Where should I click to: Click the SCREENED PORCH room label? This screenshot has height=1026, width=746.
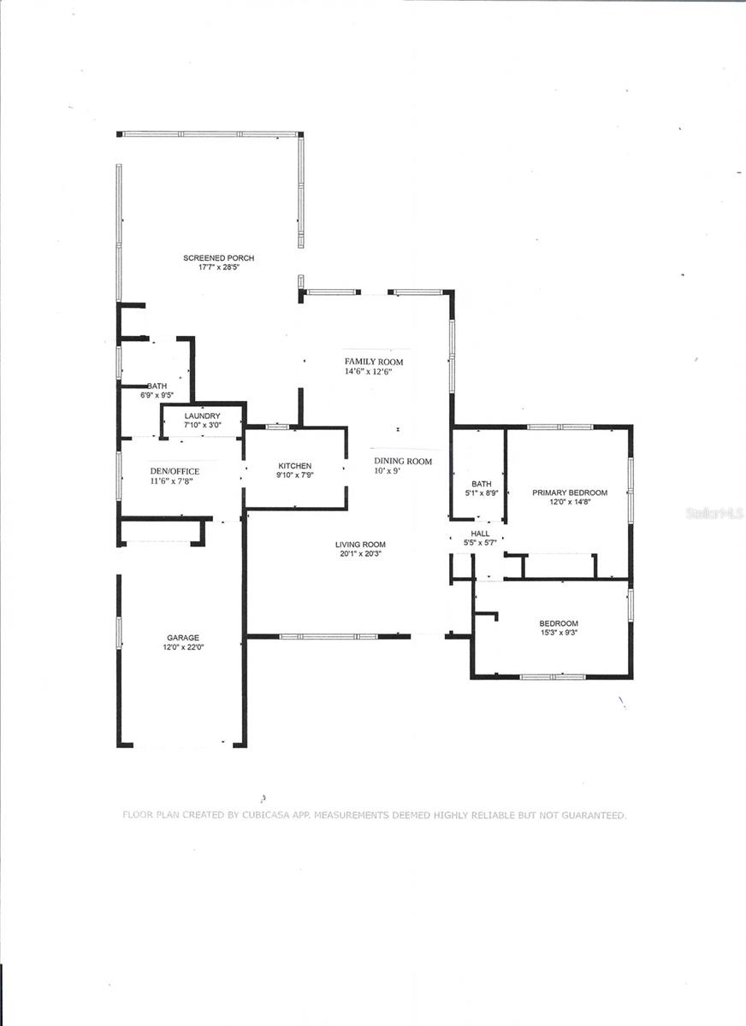tap(218, 258)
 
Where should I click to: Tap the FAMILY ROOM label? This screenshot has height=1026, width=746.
tap(374, 362)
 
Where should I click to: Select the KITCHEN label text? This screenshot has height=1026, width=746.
tap(295, 466)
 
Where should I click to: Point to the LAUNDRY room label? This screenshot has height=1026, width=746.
tap(203, 416)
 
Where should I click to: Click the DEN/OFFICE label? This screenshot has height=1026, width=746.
tap(175, 471)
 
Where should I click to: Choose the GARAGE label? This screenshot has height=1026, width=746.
tap(183, 638)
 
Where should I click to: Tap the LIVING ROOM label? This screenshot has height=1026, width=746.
tap(360, 545)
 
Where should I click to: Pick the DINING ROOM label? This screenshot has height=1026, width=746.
tap(403, 461)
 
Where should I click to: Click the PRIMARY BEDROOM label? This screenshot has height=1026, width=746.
tap(570, 492)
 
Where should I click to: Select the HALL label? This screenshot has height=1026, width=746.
tap(480, 534)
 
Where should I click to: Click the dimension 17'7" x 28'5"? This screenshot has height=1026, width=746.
tap(219, 268)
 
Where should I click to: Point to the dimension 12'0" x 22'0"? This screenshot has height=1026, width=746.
tap(183, 647)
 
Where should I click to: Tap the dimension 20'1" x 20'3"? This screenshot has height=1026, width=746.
tap(360, 554)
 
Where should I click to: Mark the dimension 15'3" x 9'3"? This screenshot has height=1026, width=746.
tap(559, 633)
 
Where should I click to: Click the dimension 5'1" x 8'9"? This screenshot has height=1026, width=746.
tap(481, 493)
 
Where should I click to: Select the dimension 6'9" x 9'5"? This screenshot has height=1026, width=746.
tap(157, 395)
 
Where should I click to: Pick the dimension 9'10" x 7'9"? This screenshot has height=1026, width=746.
tap(294, 475)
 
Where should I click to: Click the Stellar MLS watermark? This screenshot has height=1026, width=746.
tap(714, 514)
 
